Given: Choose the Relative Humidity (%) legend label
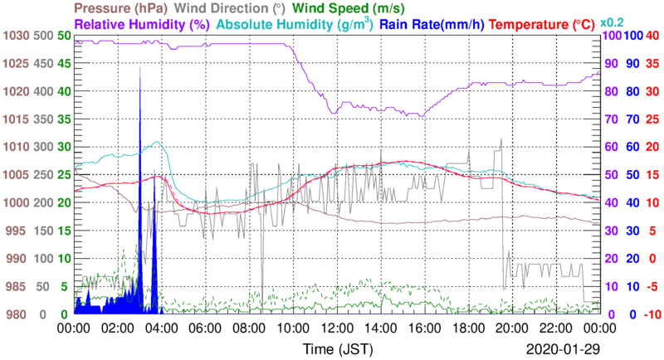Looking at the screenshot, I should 142,24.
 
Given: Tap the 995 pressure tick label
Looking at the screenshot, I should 17,231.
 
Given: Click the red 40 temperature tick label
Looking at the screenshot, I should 653,36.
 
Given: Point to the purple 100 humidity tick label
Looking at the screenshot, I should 612,36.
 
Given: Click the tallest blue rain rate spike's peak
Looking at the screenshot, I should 139,68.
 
